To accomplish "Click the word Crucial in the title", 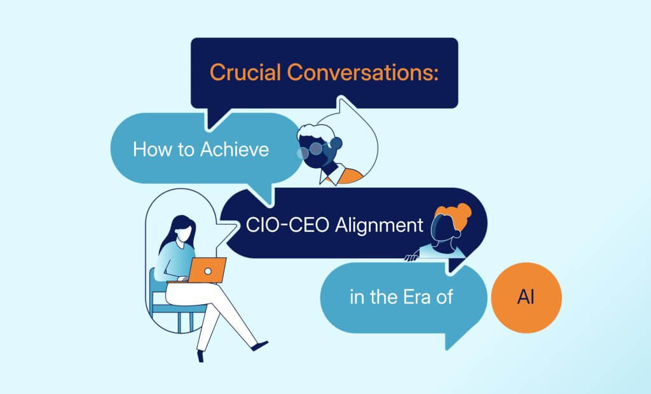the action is pos(245,73).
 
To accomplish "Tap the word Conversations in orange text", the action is pos(362,73).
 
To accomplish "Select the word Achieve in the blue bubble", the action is pos(235,149).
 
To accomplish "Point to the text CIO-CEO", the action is pos(288,225).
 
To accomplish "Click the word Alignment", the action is pos(379,226).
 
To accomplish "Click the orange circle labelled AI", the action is pos(526,298).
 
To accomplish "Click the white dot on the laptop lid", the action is pos(208,271).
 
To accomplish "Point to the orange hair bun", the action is pos(463,211).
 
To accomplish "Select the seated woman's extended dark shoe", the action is pos(260,346).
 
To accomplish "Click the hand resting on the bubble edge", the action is pos(411,257).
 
